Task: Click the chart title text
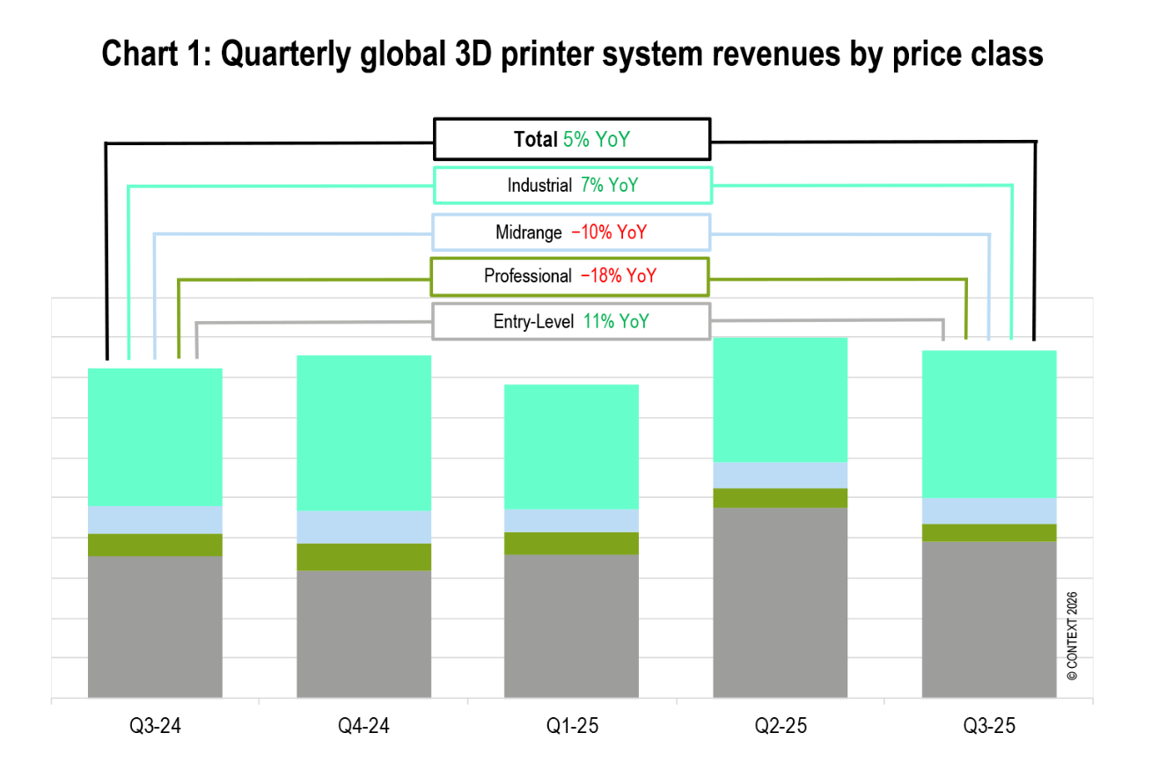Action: click(x=573, y=55)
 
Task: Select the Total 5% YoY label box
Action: click(x=572, y=139)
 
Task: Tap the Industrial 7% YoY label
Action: click(x=572, y=186)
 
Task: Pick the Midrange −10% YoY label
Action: click(x=572, y=232)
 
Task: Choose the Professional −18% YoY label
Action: click(x=570, y=276)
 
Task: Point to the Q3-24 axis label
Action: click(x=155, y=727)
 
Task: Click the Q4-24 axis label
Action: click(x=363, y=727)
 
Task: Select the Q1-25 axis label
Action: click(x=571, y=727)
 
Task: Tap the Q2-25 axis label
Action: click(x=780, y=727)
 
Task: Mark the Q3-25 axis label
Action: click(x=988, y=727)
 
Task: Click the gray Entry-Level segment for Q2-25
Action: click(x=780, y=603)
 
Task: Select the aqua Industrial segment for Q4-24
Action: click(x=363, y=433)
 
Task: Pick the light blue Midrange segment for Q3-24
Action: click(x=155, y=520)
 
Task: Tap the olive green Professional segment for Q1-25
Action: click(x=571, y=543)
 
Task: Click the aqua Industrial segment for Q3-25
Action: click(x=988, y=423)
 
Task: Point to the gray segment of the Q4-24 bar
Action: click(x=363, y=634)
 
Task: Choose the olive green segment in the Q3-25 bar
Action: click(x=988, y=532)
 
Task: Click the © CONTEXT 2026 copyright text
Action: click(x=1072, y=636)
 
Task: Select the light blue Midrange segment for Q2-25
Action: click(x=780, y=475)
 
